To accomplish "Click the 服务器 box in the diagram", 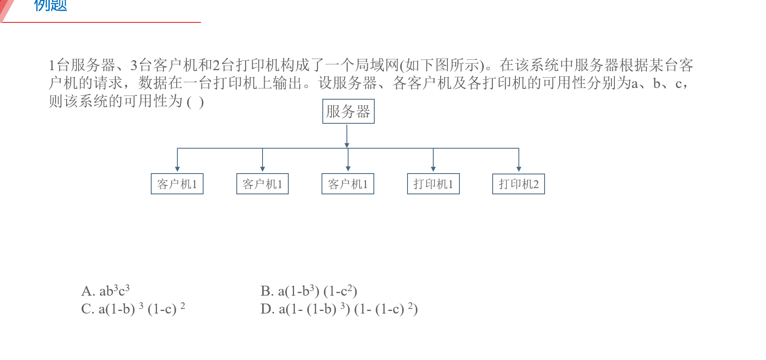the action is point(348,111).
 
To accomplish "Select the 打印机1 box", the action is point(433,184).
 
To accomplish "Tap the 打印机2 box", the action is point(518,184).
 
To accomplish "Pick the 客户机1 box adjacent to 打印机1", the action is point(348,184).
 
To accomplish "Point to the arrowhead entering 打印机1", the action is point(433,169).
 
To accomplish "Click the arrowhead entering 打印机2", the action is point(519,169).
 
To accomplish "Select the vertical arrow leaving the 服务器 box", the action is point(347,135).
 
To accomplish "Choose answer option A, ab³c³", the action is point(106,291).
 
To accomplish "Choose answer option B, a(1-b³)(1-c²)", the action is point(309,291).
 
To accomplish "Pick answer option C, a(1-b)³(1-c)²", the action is point(133,309).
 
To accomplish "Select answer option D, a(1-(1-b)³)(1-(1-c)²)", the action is point(339,309).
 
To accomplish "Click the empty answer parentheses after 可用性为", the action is point(195,102).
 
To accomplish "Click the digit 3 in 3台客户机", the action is point(134,65).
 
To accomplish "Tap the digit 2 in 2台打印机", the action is point(216,65).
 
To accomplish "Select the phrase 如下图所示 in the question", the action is point(442,65).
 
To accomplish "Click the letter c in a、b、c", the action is point(678,83).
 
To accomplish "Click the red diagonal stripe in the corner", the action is point(6,8).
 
